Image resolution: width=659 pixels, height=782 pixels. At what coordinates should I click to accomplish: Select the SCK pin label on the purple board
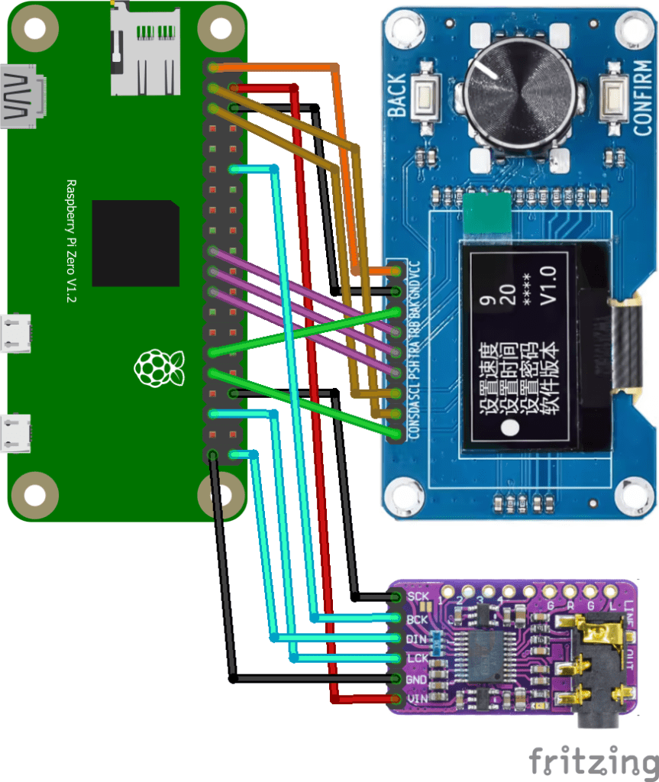point(418,596)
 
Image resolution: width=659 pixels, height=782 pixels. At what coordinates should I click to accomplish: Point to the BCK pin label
point(418,619)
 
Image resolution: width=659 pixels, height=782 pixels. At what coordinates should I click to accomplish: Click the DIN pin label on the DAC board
point(417,638)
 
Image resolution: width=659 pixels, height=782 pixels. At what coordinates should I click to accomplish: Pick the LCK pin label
point(417,658)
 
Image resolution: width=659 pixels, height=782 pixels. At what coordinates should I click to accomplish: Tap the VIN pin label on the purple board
point(417,698)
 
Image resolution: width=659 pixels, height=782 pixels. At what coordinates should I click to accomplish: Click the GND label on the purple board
point(417,678)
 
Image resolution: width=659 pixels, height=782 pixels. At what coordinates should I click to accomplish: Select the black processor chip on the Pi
point(136,243)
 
